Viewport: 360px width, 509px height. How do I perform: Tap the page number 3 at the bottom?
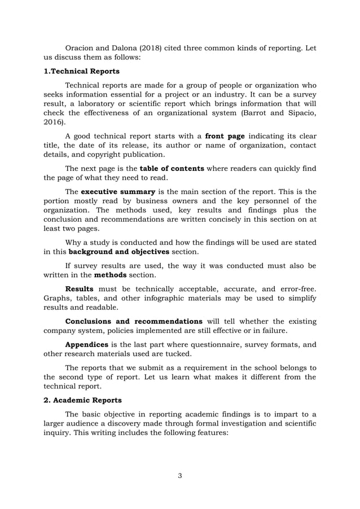179,476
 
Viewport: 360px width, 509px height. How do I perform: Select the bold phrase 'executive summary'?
118,191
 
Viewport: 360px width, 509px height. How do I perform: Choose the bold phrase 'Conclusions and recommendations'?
134,322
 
